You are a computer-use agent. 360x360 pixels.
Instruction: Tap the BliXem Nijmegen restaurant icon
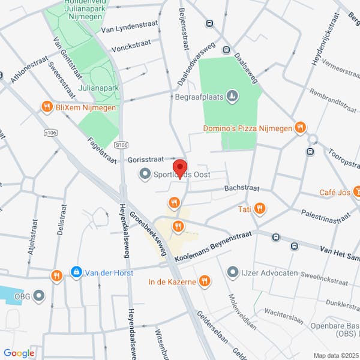[x=47, y=107]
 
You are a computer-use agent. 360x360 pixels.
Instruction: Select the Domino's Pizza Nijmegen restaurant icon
[x=301, y=128]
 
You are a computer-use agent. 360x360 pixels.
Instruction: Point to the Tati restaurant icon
[x=259, y=209]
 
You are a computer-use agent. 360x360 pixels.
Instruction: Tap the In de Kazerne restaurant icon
[x=205, y=281]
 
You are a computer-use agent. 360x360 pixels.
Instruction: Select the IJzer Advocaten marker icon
[x=233, y=273]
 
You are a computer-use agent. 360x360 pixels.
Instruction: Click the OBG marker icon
[x=40, y=295]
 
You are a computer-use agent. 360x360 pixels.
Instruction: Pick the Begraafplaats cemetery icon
[x=233, y=95]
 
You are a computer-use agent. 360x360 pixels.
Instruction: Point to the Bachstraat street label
[x=242, y=188]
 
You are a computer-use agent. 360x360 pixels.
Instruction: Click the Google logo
[x=19, y=353]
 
